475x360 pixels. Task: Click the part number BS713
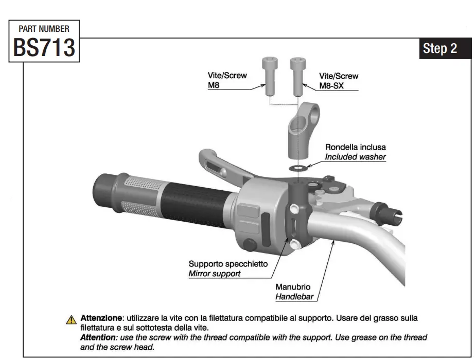[x=44, y=48]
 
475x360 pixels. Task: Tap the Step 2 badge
[x=439, y=49]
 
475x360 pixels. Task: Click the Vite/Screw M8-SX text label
[x=339, y=81]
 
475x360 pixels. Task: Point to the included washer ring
[x=297, y=167]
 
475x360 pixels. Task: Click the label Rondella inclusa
[x=355, y=147]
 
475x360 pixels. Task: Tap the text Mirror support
[x=214, y=274]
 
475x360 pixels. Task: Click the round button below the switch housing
[x=251, y=245]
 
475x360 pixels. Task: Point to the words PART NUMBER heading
[x=44, y=29]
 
